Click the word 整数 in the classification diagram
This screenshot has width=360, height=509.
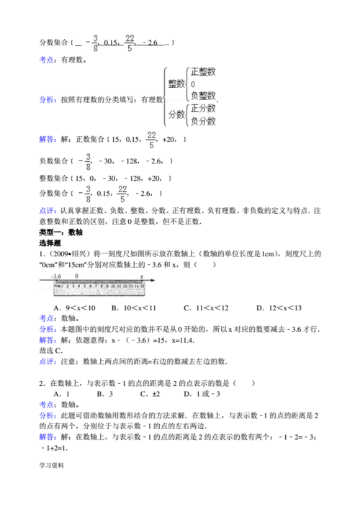click(x=175, y=84)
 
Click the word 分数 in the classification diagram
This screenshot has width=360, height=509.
click(x=175, y=114)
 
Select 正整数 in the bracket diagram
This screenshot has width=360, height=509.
click(x=202, y=72)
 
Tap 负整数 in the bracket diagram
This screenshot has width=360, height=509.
click(x=202, y=96)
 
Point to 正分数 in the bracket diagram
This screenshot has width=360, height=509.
click(x=202, y=109)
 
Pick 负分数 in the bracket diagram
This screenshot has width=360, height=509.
click(x=202, y=121)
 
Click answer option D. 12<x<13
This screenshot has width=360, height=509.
click(x=278, y=308)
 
